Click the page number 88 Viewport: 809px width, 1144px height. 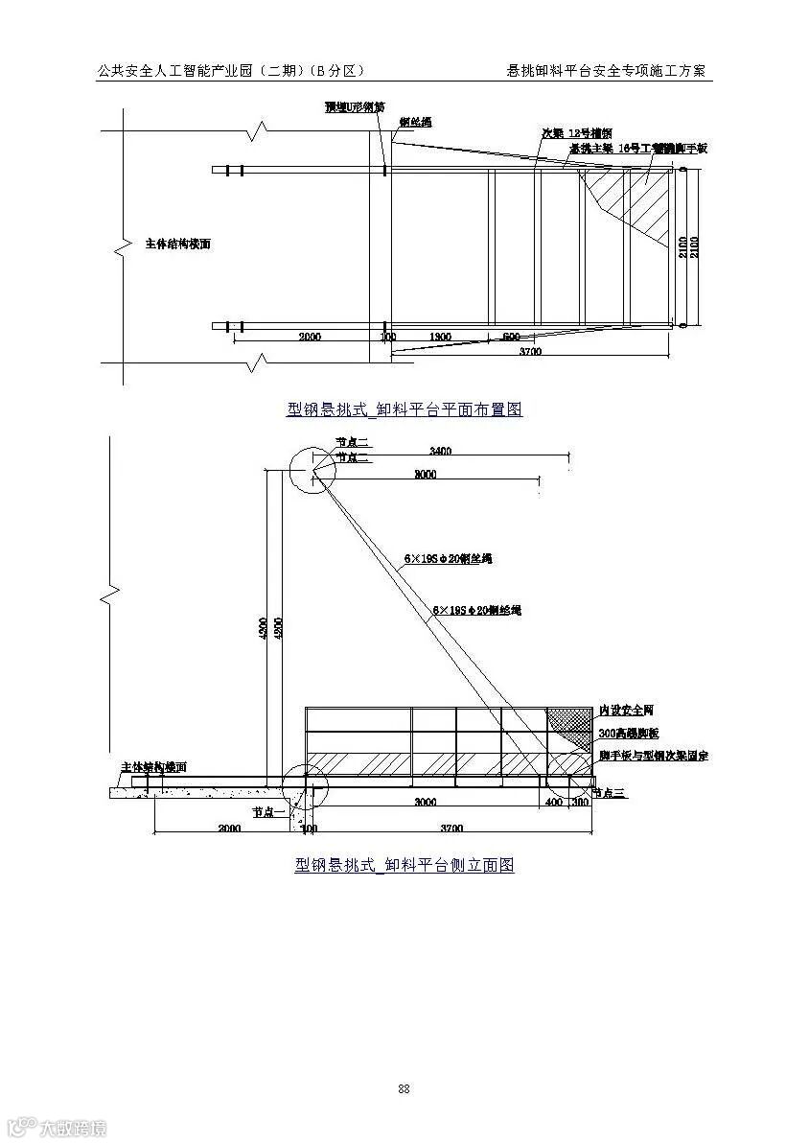coord(404,1088)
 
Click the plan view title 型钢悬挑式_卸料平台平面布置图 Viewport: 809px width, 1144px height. coord(404,409)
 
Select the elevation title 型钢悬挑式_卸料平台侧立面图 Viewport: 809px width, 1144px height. coord(404,865)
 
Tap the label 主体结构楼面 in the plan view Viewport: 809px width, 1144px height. coord(177,244)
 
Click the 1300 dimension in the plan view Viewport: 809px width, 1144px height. coord(441,337)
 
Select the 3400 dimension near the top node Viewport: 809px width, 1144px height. coord(441,451)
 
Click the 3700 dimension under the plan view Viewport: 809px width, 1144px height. coord(530,351)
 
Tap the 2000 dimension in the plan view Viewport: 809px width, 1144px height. coord(310,337)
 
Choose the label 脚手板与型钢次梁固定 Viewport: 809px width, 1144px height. coord(652,756)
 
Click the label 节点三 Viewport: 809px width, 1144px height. coord(608,793)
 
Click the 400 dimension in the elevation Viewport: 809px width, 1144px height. coord(553,802)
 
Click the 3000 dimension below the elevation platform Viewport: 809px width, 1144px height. coord(425,802)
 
